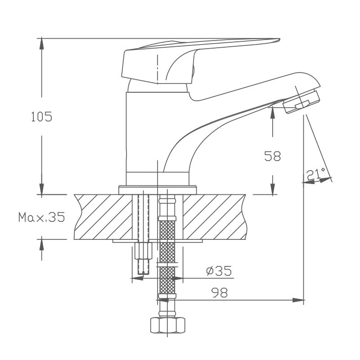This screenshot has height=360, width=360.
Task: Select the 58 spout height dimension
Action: coord(272,156)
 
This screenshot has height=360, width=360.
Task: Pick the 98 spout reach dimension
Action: coord(219,292)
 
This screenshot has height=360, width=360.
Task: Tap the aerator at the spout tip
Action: coord(303,100)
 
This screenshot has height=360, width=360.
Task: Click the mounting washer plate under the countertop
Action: coord(157,242)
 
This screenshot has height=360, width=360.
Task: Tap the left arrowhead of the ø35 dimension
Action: coord(137,278)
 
